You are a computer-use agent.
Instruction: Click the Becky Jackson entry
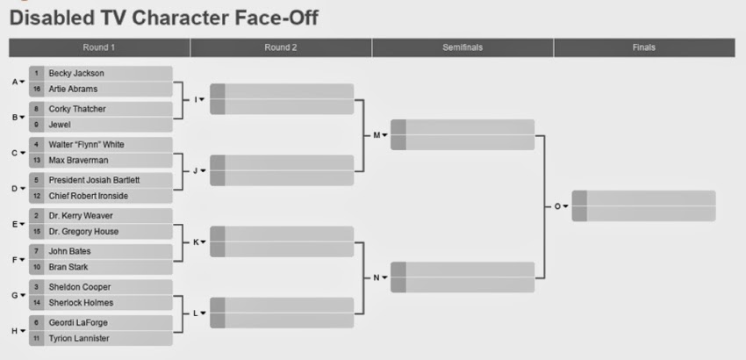(x=76, y=74)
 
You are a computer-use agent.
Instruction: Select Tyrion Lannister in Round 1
(x=79, y=339)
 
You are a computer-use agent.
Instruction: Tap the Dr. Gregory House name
(x=83, y=232)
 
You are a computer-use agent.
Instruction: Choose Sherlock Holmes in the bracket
(x=81, y=303)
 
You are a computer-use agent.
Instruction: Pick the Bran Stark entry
(x=68, y=267)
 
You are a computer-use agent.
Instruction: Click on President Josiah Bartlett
(x=94, y=181)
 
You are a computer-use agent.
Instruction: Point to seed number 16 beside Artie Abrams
(x=37, y=89)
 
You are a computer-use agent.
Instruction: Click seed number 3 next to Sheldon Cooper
(x=37, y=287)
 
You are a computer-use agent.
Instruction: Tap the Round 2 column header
(x=281, y=47)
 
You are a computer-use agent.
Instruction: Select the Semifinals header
(x=463, y=47)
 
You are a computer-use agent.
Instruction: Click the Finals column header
(x=644, y=47)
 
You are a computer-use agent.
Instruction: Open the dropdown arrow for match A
(x=22, y=82)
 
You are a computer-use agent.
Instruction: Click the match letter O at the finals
(x=557, y=206)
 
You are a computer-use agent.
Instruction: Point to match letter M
(x=377, y=135)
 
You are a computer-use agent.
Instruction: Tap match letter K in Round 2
(x=196, y=242)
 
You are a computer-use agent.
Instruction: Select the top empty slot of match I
(x=282, y=91)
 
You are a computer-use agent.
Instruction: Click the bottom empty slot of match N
(x=463, y=284)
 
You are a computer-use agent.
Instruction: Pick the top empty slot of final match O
(x=643, y=198)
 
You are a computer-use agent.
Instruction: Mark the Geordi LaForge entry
(x=78, y=323)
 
